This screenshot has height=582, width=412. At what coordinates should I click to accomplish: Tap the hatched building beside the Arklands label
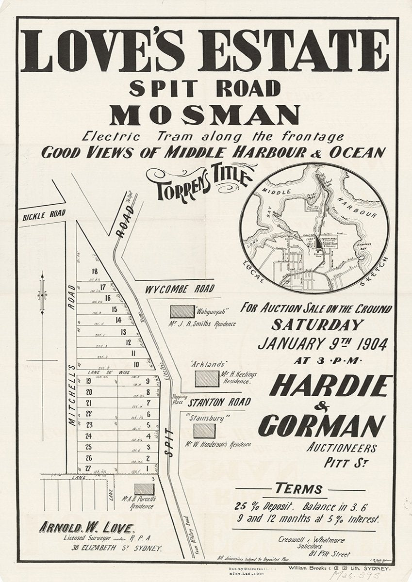pos(207,378)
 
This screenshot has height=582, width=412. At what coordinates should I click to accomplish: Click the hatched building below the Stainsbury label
pos(204,431)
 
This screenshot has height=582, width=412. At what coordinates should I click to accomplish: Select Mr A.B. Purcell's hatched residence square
pos(144,489)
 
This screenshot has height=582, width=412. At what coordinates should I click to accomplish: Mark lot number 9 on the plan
pos(148,381)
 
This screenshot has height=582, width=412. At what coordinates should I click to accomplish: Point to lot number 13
pos(123,332)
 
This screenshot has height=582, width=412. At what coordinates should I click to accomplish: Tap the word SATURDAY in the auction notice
pos(317,324)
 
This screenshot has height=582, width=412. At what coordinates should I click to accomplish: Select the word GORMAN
pos(321,425)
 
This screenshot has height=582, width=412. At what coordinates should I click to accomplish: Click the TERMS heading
pos(298,488)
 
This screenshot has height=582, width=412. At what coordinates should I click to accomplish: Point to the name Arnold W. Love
pos(85,528)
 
